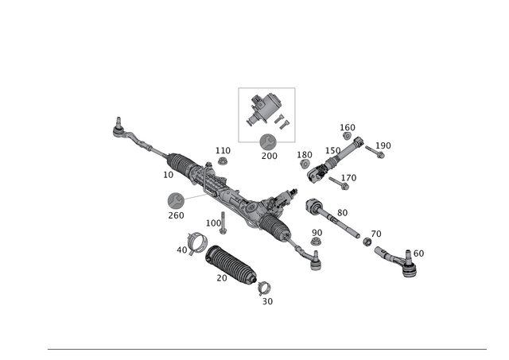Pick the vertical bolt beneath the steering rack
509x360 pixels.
tap(223, 226)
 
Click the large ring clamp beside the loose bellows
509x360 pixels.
tap(194, 241)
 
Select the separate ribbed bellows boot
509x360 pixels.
tap(231, 264)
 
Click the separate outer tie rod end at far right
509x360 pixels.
tap(398, 258)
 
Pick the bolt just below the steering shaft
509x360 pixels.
tap(340, 180)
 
